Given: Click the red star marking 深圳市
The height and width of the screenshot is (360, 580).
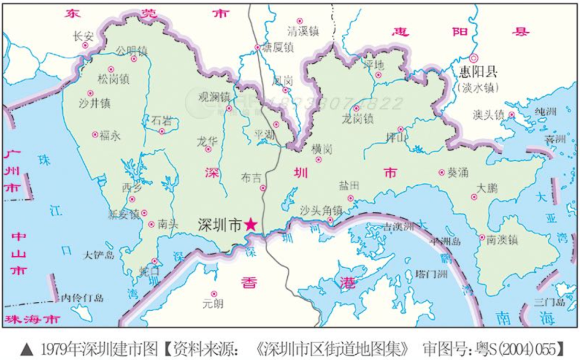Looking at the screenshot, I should [250, 225].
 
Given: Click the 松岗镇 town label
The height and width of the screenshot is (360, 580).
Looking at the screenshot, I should [113, 80].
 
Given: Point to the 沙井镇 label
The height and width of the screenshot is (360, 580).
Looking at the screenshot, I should [94, 102].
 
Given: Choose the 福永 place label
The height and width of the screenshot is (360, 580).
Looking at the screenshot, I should [110, 135].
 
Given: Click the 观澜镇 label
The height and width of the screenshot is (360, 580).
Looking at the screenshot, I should [214, 97].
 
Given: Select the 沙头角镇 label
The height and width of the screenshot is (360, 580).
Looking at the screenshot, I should [321, 209].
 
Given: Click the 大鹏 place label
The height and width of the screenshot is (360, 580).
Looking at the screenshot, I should [487, 188].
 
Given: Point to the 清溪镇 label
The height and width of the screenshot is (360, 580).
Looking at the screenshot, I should [303, 32].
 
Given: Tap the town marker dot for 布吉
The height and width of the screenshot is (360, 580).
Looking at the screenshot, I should [263, 188].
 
